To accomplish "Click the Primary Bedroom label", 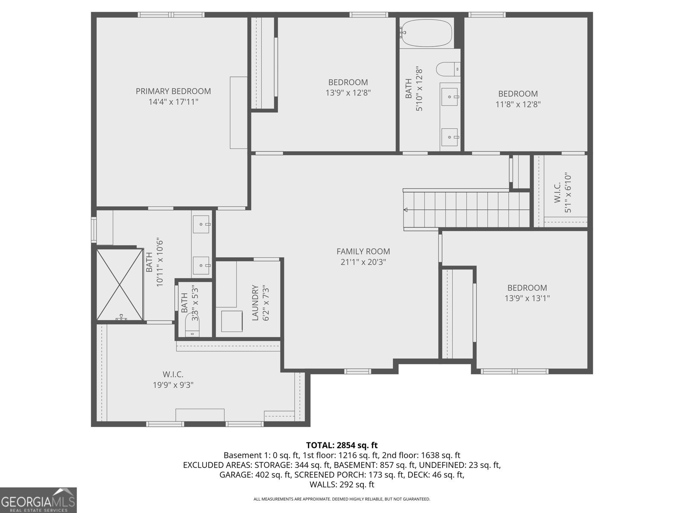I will point(173,91).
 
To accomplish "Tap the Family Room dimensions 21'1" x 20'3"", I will point(363,262).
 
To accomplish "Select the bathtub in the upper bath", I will point(426,33).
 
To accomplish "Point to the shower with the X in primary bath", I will point(119,284).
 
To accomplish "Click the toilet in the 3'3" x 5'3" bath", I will point(192,326).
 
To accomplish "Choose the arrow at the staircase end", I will point(406,209).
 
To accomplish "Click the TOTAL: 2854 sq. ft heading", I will point(342,445).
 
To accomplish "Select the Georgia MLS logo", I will point(38,500).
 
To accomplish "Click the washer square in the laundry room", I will point(232,321).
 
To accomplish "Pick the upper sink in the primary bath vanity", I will point(201,224).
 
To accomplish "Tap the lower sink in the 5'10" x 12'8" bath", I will point(450,137).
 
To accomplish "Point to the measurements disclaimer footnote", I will point(342,499).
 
